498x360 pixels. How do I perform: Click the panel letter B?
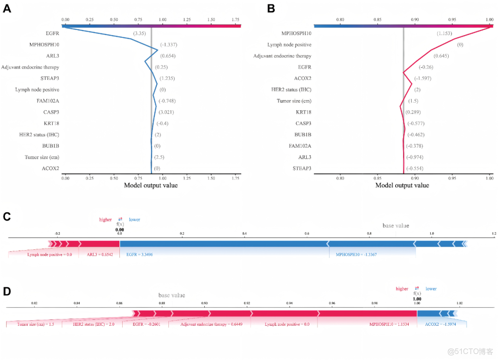point(271,9)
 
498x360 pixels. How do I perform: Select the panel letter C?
point(7,217)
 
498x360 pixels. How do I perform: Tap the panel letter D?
point(7,292)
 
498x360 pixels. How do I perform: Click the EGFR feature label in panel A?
point(53,33)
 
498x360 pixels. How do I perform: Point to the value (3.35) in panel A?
point(140,33)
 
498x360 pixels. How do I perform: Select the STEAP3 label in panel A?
point(50,78)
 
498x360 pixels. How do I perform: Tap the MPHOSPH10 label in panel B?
point(296,33)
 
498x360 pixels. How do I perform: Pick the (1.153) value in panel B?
point(445,33)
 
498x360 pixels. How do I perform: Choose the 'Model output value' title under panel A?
point(151,186)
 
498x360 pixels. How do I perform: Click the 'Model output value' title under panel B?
point(402,186)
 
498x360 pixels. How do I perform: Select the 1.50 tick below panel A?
point(211,177)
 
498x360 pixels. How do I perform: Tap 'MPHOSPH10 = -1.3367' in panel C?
point(353,254)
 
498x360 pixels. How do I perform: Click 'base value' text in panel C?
point(396,226)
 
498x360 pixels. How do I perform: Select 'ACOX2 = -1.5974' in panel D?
point(437,324)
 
